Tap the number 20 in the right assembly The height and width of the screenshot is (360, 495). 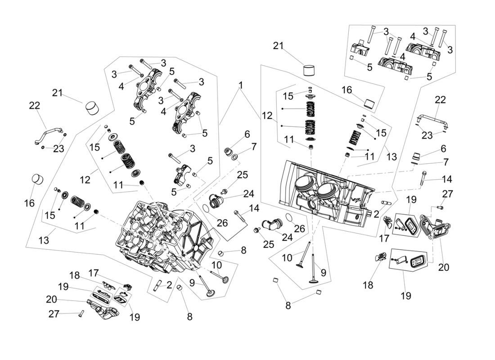pos(443,267)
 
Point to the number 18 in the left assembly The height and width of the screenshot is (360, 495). pos(74,275)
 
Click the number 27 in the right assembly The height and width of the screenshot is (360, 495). pos(447,194)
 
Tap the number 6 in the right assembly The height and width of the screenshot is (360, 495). pos(443,148)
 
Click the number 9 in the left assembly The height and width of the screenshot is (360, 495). pos(193,283)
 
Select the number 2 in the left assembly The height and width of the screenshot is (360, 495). pos(169,285)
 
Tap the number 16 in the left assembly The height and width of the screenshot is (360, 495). pos(29,203)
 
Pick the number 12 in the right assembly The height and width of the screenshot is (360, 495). pos(267,116)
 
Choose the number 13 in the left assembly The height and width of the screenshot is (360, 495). pos(44,241)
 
